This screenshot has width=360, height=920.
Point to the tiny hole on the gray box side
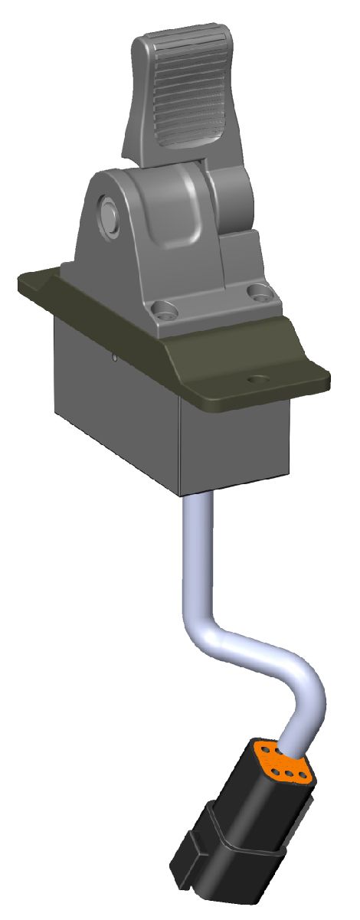[x=114, y=355]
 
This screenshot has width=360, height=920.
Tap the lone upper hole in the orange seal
[x=267, y=749]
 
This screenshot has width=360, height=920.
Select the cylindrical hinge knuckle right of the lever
[x=230, y=192]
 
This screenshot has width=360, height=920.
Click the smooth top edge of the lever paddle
[x=169, y=38]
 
